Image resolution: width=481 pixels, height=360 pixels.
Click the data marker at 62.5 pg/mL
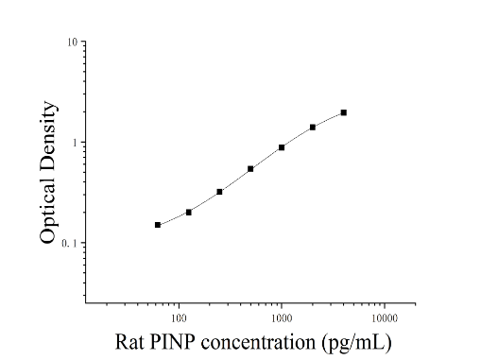(x=158, y=225)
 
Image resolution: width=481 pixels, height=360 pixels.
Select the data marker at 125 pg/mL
(x=189, y=213)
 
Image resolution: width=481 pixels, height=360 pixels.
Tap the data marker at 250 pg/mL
(x=219, y=192)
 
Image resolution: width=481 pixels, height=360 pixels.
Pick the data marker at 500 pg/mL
(x=250, y=169)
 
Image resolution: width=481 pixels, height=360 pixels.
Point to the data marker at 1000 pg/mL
(x=282, y=147)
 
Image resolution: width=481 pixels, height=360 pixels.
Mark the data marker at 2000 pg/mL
(x=313, y=128)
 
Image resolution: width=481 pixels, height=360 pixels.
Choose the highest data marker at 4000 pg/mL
(x=344, y=112)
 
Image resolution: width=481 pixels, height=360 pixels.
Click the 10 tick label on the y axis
(x=72, y=43)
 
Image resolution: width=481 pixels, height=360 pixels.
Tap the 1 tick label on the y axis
(x=75, y=143)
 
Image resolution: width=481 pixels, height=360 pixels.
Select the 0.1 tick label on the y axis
(x=70, y=244)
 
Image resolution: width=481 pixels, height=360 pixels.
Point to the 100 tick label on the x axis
(x=179, y=318)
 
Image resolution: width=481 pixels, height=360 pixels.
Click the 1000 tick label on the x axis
(x=282, y=318)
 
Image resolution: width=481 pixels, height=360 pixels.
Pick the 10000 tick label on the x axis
(x=385, y=318)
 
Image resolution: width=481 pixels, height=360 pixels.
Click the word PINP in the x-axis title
(x=172, y=342)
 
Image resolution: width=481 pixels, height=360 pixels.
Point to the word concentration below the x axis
(x=258, y=343)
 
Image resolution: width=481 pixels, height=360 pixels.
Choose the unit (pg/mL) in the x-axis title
(x=357, y=343)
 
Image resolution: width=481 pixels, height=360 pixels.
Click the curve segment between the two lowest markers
(x=173, y=219)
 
